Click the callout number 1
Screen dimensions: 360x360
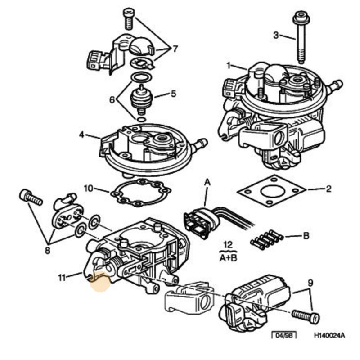tap(229, 65)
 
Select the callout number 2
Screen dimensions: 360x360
tap(328, 189)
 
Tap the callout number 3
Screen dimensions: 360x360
tap(276, 35)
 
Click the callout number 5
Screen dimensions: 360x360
tap(173, 94)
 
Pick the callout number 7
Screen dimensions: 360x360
tap(175, 48)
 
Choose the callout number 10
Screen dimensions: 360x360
tap(88, 188)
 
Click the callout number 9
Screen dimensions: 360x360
tap(310, 283)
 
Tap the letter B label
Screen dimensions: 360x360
tap(306, 235)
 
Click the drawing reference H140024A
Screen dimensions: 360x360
tap(329, 336)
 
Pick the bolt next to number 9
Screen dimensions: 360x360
tap(306, 315)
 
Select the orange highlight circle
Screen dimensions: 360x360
tap(100, 282)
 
